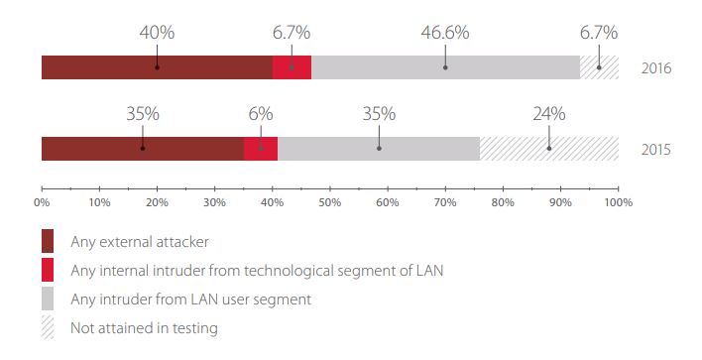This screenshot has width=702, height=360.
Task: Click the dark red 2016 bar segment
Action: (157, 67)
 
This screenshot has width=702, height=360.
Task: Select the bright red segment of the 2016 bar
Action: (292, 67)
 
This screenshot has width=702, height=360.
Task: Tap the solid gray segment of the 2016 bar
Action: (445, 67)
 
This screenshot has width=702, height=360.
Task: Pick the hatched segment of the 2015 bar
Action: (549, 149)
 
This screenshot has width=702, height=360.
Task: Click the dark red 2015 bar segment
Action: (143, 149)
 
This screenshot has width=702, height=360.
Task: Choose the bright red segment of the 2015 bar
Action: (261, 149)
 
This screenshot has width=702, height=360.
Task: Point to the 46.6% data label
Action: (445, 33)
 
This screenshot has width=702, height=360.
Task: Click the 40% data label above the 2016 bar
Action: (157, 33)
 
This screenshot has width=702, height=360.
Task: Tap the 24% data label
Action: (549, 114)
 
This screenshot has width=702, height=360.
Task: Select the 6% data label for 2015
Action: (261, 114)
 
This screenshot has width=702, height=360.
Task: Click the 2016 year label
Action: (656, 68)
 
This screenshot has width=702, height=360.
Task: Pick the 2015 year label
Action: (656, 149)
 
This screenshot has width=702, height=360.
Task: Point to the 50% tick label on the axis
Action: (330, 203)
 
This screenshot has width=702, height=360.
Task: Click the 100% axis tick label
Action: (619, 203)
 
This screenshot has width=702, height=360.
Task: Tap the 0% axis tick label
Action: (42, 203)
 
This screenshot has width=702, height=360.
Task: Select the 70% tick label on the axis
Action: (445, 203)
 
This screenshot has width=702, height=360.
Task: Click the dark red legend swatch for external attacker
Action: (48, 241)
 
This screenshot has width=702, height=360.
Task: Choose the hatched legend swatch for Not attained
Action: (48, 327)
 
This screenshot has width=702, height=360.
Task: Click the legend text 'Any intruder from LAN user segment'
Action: (190, 300)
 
